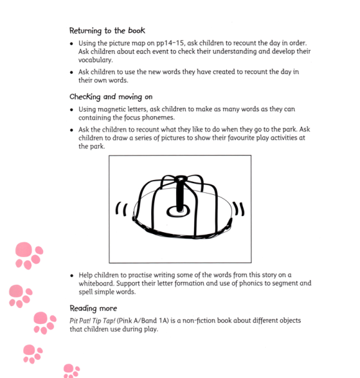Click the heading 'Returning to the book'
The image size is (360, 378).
click(x=107, y=30)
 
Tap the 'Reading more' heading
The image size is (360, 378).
click(x=93, y=308)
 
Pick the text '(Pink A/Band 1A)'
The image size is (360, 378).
click(x=152, y=321)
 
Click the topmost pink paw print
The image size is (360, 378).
click(x=28, y=255)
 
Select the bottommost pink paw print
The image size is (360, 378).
click(x=71, y=371)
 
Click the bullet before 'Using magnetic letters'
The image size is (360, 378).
click(x=72, y=110)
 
